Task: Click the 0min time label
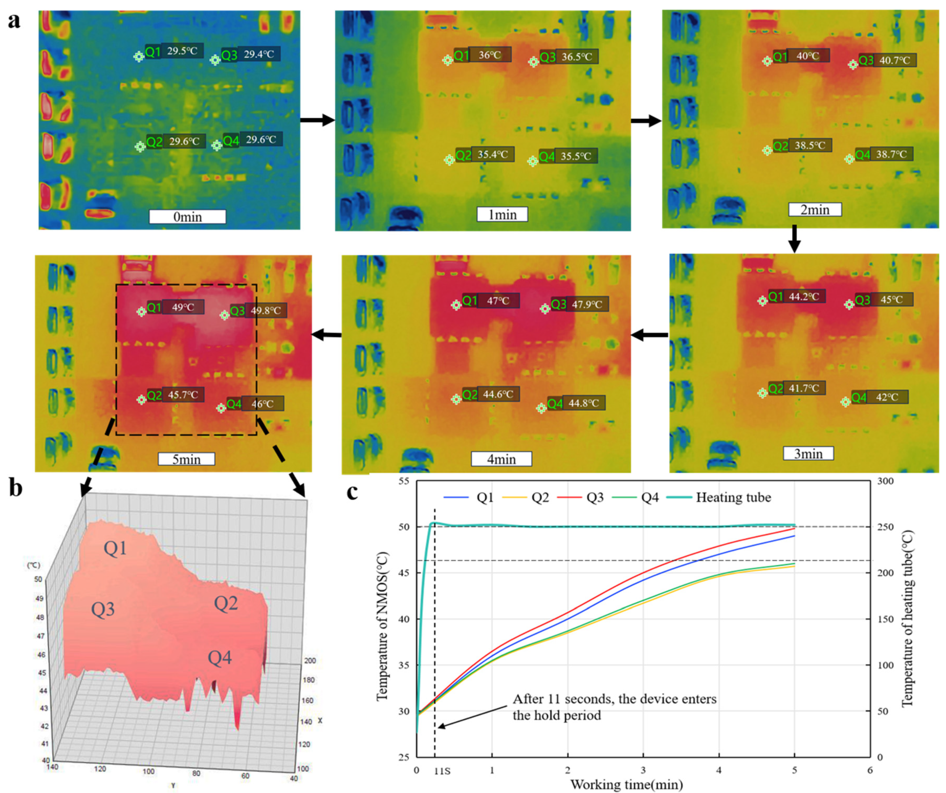(187, 217)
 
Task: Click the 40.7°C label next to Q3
(895, 60)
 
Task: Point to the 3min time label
(808, 454)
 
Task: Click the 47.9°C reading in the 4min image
(587, 304)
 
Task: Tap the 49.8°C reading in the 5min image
(266, 311)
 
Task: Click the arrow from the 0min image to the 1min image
(317, 120)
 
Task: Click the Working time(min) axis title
(626, 785)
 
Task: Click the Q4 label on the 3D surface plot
(219, 658)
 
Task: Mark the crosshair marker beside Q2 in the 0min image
(140, 146)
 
